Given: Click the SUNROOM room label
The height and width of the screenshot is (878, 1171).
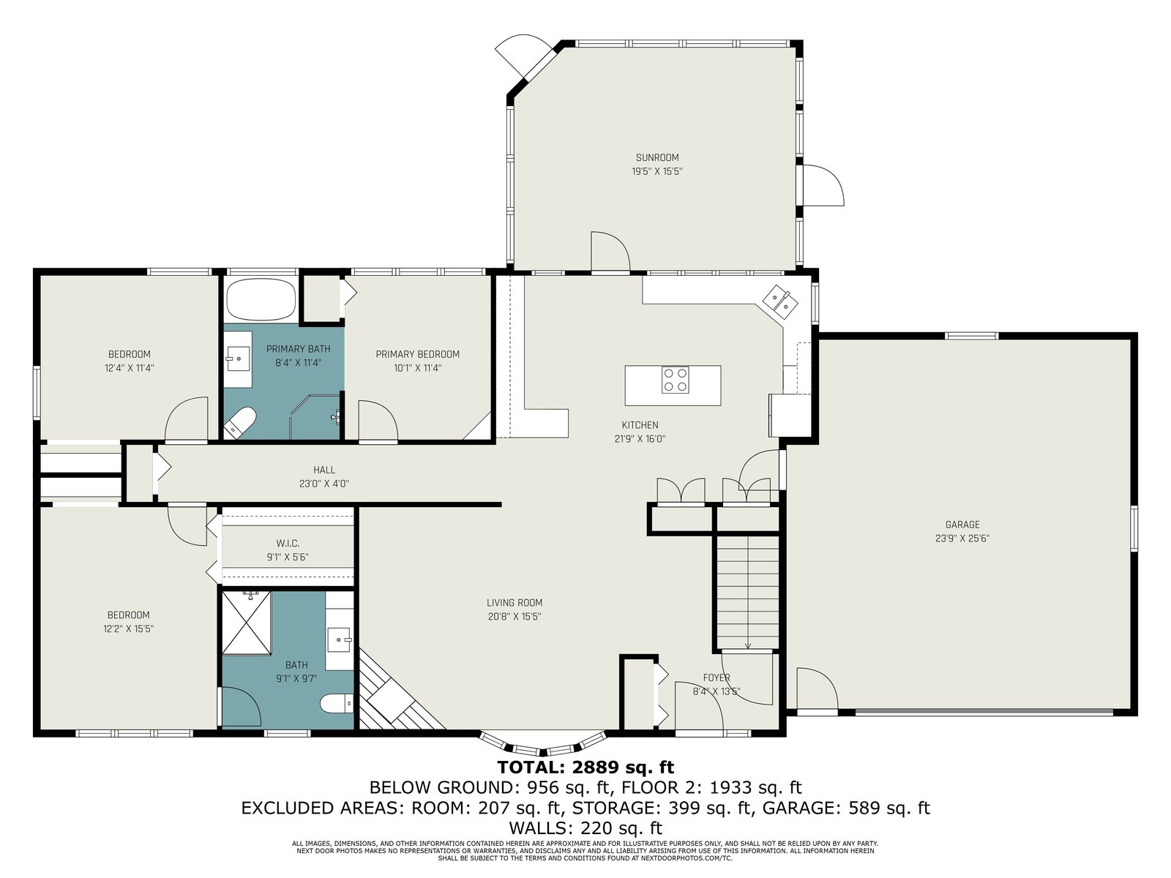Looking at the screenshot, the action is click(656, 157).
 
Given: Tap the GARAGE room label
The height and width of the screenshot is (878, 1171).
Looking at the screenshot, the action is click(962, 525).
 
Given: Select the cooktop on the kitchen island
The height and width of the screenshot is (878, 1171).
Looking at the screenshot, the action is click(675, 380).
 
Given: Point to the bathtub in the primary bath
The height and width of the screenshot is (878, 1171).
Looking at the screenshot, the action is click(261, 299).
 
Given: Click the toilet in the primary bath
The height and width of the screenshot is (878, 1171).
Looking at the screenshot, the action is click(239, 423).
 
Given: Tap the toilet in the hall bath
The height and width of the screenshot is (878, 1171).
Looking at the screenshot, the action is click(337, 704).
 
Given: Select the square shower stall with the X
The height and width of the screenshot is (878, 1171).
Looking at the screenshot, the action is click(247, 622).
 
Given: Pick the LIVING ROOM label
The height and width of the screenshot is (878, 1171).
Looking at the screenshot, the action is click(515, 603).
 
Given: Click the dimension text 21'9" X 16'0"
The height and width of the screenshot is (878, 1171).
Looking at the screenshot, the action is click(640, 439).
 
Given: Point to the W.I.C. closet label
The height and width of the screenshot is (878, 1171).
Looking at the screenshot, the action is click(288, 543).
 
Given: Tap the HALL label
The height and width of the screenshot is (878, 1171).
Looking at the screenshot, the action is click(323, 470).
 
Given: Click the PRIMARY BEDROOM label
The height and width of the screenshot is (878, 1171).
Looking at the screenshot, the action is click(417, 354).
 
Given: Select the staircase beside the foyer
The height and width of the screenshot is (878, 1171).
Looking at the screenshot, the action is click(747, 593).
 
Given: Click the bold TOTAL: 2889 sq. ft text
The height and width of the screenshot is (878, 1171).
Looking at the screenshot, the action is click(585, 767).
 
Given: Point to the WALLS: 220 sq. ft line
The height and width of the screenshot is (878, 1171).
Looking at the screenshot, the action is click(585, 828).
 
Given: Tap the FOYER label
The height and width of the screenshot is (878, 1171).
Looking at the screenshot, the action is click(716, 678).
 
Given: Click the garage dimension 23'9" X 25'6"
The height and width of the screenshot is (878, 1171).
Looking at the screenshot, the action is click(962, 539).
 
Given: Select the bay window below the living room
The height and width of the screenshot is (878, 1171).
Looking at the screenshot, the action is click(542, 745).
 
